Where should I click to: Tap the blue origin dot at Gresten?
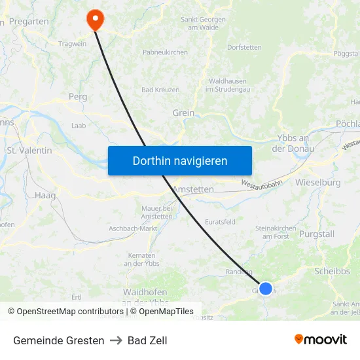coord(266,288)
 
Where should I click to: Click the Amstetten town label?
coord(194,189)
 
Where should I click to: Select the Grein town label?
coord(183,113)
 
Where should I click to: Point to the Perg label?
coord(78,96)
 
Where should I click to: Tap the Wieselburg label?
coord(317,182)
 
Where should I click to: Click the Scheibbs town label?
coord(332,271)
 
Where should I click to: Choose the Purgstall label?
coord(316,234)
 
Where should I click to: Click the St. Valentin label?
coord(29,151)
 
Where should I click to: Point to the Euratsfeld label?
coord(220,222)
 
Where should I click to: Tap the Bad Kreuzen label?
coord(160,90)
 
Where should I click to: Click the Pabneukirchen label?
coord(165,52)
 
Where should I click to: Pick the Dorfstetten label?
coord(244,47)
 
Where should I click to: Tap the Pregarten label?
coord(30,22)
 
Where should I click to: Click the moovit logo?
coord(321,340)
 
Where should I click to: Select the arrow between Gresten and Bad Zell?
coord(116,340)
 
